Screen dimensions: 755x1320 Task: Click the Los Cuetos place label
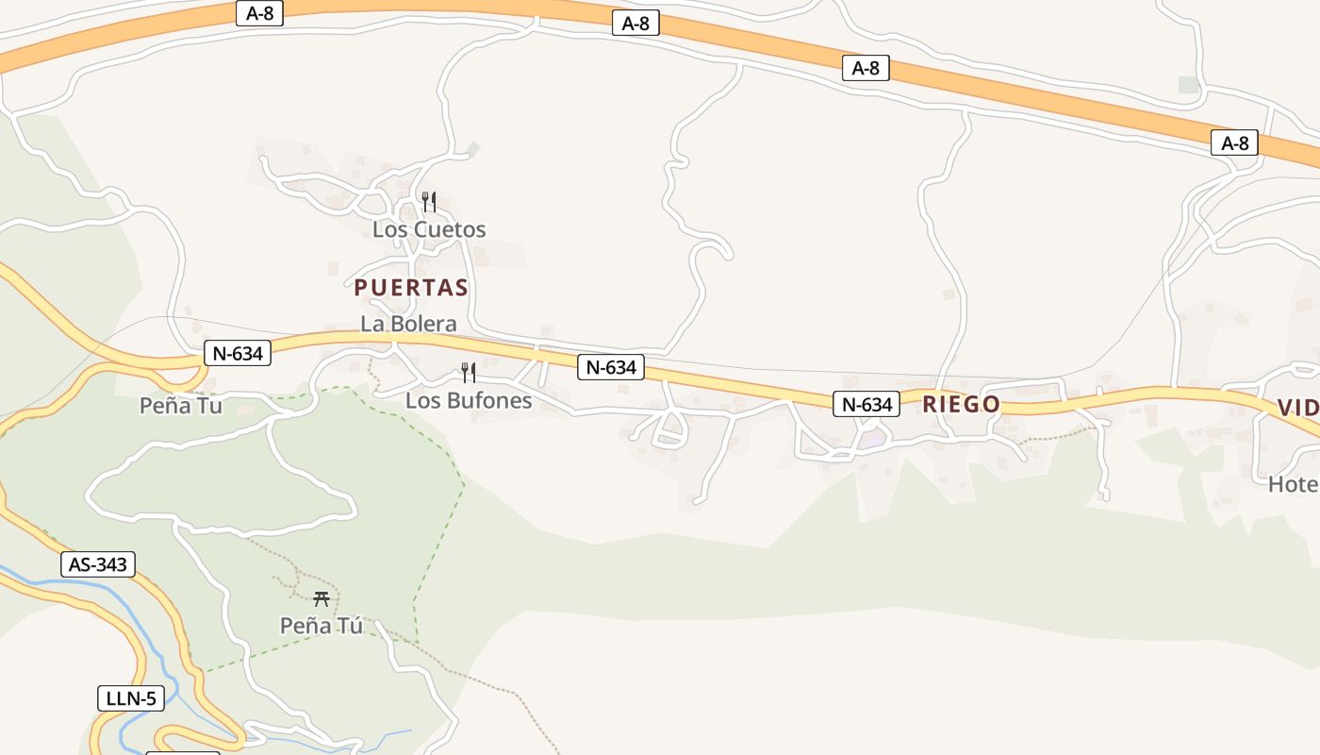429,229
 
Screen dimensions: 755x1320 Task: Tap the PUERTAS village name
411,288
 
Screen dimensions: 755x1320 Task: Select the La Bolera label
408,324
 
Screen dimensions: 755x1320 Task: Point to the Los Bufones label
469,400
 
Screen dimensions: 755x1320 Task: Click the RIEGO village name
961,405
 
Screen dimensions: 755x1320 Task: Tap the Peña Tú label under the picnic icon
322,625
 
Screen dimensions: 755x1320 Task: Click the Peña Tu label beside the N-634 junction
181,406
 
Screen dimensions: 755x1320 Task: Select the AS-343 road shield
98,564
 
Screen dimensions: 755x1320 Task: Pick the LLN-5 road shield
131,698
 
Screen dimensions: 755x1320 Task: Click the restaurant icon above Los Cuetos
428,202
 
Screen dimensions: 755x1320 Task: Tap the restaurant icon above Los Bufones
468,373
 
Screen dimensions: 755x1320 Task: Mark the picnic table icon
322,598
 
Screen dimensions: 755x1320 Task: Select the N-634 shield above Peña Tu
238,354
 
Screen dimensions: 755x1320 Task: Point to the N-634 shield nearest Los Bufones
611,367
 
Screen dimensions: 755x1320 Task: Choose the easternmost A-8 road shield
1234,143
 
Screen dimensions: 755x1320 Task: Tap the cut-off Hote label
1293,484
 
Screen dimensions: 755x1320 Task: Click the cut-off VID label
1297,408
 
